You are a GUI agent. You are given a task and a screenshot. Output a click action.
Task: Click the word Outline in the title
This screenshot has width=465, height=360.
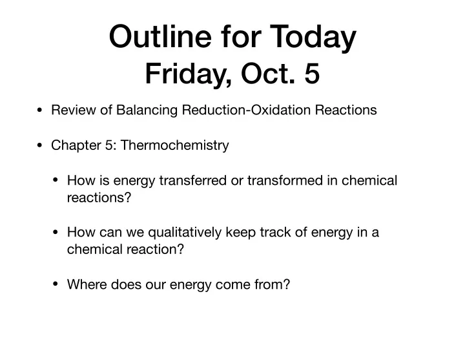coord(160,36)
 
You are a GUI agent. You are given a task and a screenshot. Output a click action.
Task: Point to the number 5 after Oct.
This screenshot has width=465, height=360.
coord(312,74)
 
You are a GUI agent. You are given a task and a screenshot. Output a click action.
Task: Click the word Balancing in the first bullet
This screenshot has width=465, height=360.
coord(147,111)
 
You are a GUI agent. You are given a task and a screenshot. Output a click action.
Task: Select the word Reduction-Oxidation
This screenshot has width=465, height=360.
coord(246,110)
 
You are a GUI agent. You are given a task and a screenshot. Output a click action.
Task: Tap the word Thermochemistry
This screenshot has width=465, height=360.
coord(174,145)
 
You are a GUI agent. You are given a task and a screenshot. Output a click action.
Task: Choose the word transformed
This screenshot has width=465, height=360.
coord(285,180)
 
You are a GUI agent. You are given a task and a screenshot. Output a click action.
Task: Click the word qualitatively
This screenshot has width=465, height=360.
coord(185,233)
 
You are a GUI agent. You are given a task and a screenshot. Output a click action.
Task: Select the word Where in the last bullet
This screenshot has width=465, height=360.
coord(87,284)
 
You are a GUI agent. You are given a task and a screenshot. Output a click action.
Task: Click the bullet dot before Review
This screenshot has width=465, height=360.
coord(39,111)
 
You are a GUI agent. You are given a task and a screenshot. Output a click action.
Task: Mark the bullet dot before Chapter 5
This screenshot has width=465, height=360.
coord(39,145)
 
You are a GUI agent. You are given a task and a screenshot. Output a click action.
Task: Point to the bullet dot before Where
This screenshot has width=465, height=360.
coord(56,284)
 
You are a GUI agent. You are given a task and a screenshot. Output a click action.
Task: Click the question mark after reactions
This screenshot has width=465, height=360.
coord(128,197)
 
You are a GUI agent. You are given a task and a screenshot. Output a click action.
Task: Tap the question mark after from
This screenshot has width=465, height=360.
coord(287,284)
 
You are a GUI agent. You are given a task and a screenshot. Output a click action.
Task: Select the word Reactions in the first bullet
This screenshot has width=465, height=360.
coord(346,110)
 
